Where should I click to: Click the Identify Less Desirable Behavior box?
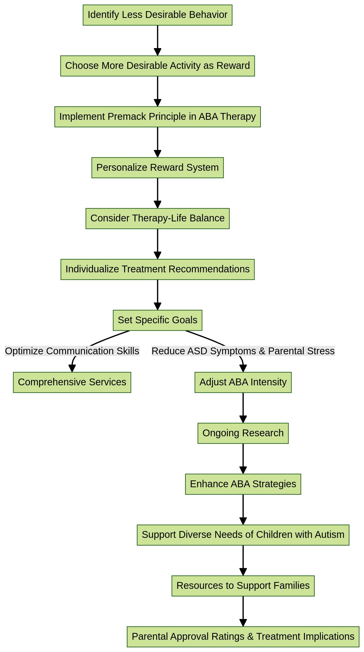[157, 15]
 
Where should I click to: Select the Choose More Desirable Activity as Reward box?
[157, 66]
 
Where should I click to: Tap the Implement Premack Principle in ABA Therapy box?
[157, 117]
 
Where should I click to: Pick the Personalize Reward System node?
[157, 168]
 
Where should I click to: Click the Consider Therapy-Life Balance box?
[157, 219]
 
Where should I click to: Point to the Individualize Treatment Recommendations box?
[157, 270]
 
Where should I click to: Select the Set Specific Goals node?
[157, 320]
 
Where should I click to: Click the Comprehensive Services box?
[72, 382]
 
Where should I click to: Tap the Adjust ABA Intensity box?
[243, 382]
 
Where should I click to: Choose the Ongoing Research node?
[243, 433]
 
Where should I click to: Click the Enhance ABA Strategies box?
[243, 484]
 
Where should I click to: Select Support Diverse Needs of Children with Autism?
[243, 535]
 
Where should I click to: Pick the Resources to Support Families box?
[243, 586]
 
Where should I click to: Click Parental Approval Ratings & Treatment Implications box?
[243, 637]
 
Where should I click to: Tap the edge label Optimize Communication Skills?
[72, 351]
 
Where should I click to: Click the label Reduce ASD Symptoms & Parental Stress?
[243, 351]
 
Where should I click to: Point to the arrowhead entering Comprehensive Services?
[72, 369]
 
